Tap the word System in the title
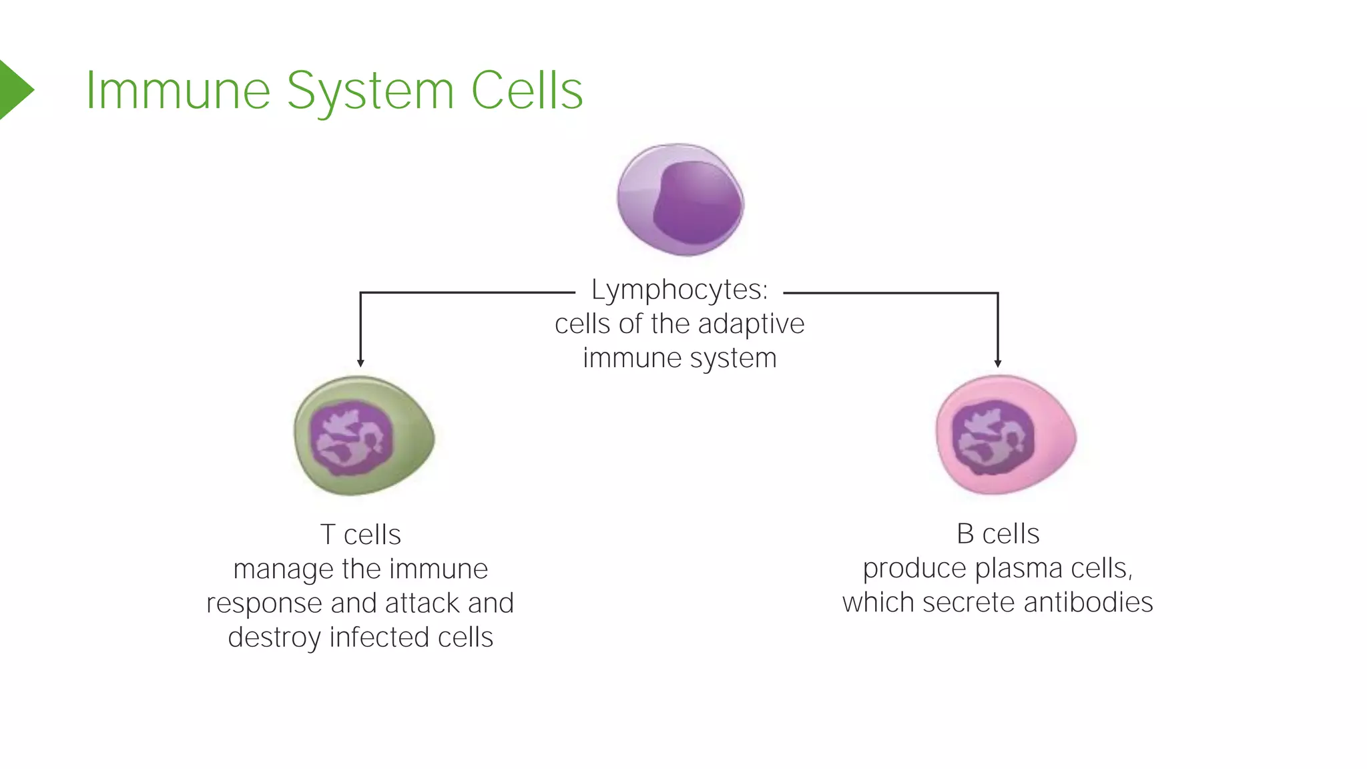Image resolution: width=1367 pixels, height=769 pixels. [x=370, y=91]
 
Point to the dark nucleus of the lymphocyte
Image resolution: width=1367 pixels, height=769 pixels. [x=698, y=202]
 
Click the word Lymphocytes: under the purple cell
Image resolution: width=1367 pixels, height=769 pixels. [x=679, y=290]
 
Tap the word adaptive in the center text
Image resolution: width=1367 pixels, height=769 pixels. [x=751, y=324]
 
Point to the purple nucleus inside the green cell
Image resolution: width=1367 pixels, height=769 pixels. [x=352, y=437]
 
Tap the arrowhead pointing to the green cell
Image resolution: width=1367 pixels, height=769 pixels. [x=360, y=363]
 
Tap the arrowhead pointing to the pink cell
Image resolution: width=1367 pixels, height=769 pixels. [x=998, y=363]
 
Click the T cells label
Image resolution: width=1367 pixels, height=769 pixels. [x=360, y=535]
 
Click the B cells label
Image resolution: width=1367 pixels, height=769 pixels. [x=998, y=534]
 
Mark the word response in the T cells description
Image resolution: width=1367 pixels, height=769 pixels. [x=264, y=603]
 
